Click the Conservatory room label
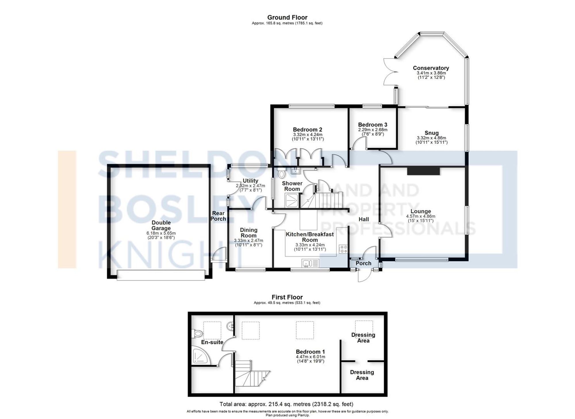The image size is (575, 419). [431, 68]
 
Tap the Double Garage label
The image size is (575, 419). [161, 225]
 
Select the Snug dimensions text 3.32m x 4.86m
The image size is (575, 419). [432, 138]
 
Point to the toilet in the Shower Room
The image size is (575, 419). [281, 174]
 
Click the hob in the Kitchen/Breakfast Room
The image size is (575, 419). [343, 249]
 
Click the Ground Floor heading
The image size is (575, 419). [287, 18]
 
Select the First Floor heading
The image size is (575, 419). [287, 297]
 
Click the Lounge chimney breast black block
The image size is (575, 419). [423, 171]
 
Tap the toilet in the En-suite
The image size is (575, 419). [197, 334]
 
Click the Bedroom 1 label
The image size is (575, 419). [310, 352]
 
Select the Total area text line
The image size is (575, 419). [286, 404]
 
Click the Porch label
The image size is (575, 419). [363, 263]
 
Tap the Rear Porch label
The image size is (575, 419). [218, 216]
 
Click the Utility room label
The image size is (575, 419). [250, 181]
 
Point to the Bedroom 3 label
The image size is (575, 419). [373, 125]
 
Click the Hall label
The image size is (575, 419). [364, 219]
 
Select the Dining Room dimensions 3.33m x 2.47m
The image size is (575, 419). [248, 241]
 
